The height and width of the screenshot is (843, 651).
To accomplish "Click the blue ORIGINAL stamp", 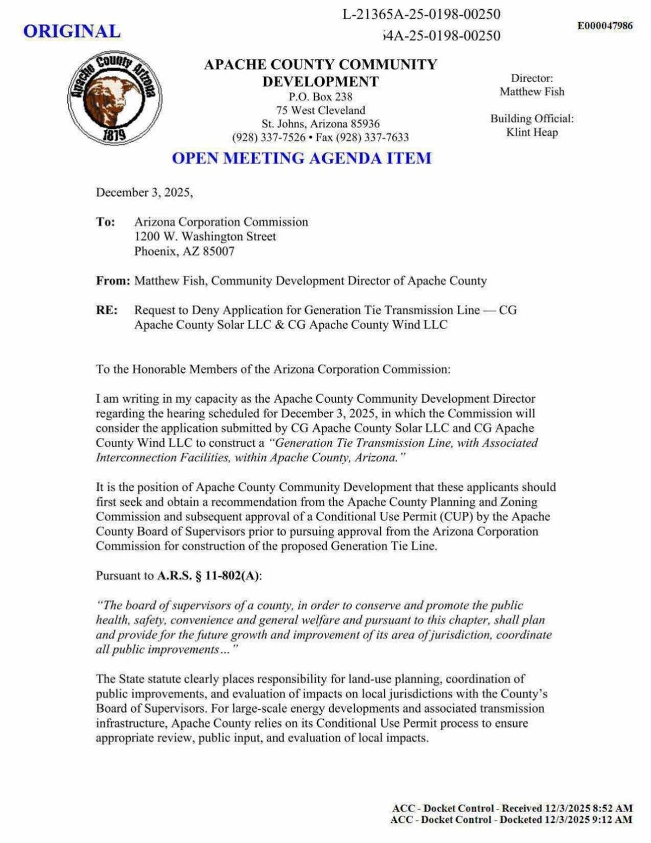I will coord(72,31).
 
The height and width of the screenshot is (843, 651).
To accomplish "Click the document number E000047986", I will coord(605,26).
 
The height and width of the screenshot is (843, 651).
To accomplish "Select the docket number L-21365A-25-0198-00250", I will coord(422,14).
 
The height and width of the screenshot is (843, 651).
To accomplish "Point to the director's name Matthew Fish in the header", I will coord(532,92).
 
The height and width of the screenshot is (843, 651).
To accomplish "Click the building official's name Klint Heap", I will coord(532,132).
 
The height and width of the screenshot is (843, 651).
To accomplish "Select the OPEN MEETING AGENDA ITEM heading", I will coord(302,159).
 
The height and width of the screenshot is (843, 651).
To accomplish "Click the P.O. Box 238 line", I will coord(320,97).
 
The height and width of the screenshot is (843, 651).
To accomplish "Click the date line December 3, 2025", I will coord(144,193).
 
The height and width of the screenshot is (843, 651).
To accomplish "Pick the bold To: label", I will coord(105,222).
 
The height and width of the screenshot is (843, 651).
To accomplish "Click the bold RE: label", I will coord(106,310).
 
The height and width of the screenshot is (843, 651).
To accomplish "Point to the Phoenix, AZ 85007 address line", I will coord(184,251).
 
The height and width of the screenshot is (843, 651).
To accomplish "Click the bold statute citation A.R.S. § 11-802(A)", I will coord(208,576).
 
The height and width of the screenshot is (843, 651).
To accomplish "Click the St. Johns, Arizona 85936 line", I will coord(321,124).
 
